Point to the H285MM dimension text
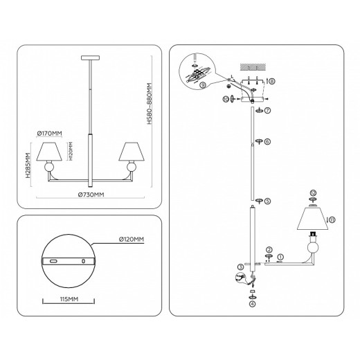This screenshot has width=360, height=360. (x=28, y=167)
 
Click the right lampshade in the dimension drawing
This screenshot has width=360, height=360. (x=132, y=151)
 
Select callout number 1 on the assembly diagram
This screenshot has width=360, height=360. (x=280, y=256)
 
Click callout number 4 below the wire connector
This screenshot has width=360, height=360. (x=252, y=303)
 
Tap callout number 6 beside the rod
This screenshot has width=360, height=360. (x=267, y=141)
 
